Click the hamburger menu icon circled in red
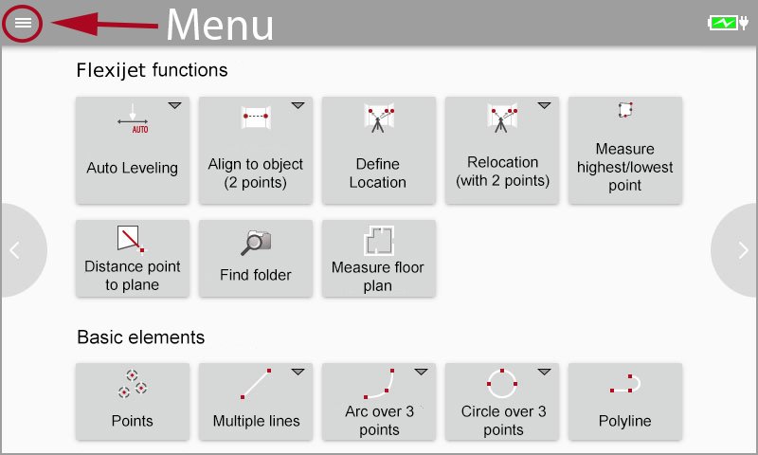tap(23, 23)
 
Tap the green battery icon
tap(724, 23)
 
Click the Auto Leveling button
tap(133, 150)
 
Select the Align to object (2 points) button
tap(256, 150)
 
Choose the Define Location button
tap(379, 150)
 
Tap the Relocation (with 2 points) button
tap(502, 150)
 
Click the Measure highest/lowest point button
tap(625, 150)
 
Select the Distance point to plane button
tap(133, 258)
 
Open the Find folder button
tap(256, 258)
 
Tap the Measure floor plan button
tap(379, 258)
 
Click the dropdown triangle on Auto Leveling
tap(174, 105)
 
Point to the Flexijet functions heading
tap(152, 70)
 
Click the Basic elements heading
tap(140, 337)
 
